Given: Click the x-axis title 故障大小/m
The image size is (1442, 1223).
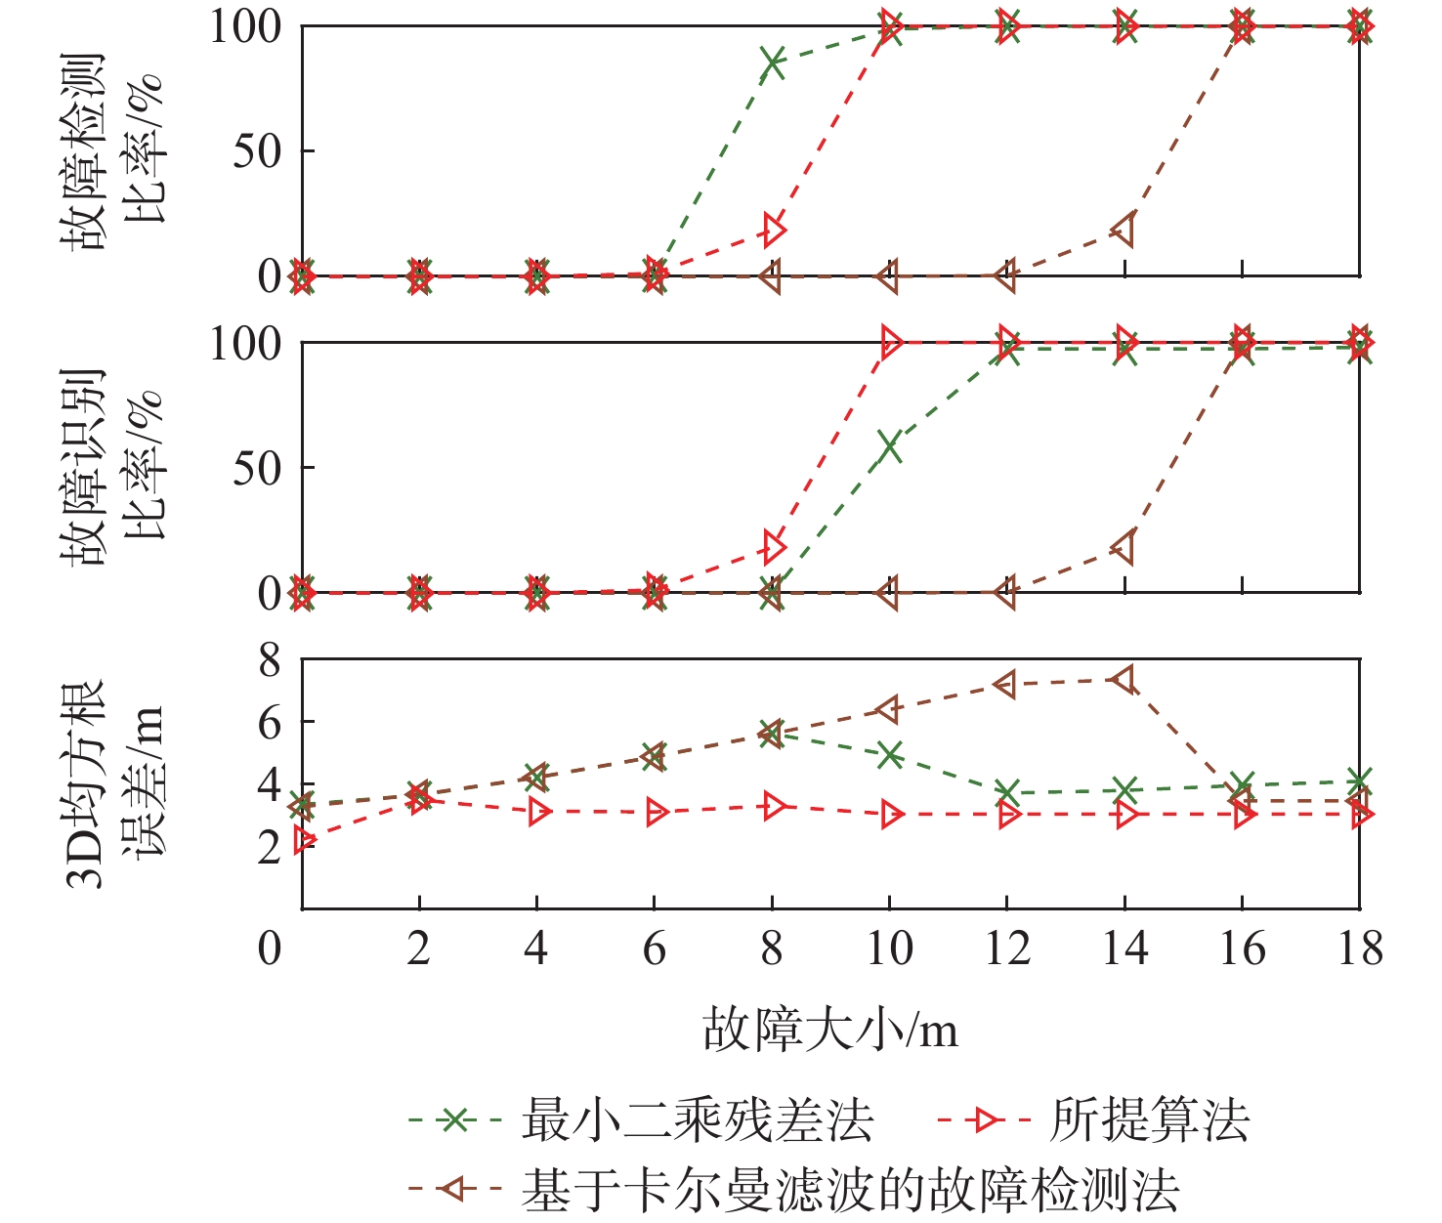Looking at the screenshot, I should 830,1031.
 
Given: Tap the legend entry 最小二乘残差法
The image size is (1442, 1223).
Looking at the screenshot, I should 698,1120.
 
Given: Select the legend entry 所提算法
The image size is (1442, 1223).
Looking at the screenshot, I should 1149,1120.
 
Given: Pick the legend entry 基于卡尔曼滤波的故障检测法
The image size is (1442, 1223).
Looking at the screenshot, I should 850,1189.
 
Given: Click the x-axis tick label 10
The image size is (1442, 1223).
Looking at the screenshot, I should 889,949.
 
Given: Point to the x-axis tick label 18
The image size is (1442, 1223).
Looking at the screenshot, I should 1359,949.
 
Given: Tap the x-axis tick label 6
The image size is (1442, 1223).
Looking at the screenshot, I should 655,949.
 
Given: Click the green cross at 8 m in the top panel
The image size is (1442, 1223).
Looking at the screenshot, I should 772,63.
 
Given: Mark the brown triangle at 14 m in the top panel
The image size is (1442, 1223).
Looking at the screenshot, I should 1124,231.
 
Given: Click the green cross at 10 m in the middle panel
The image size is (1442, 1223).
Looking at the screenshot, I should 889,446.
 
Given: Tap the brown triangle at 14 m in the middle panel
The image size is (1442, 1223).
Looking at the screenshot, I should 1124,547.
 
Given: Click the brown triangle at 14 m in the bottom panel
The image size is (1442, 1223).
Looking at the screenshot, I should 1124,680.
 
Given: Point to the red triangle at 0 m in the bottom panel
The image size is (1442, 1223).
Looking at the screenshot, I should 305,839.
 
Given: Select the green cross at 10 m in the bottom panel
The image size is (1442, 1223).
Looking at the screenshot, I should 889,754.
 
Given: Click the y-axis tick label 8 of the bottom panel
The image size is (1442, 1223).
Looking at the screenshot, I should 270,661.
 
